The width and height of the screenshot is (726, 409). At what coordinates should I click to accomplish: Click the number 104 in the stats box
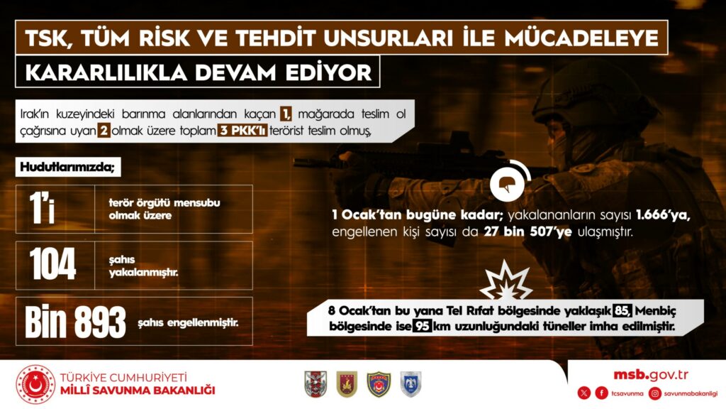tap(52, 264)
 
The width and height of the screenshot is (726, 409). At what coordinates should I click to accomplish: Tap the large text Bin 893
tap(75, 322)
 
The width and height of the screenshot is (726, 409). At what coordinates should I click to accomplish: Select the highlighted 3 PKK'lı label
tap(242, 131)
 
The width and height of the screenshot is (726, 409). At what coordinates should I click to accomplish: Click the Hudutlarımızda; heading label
tap(67, 167)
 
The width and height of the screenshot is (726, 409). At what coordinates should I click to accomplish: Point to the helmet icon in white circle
tap(507, 184)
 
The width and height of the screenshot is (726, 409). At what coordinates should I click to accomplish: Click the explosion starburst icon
tap(506, 281)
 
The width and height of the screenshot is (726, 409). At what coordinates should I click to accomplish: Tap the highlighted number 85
tap(622, 310)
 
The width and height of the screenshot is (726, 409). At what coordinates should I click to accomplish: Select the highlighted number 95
tap(422, 326)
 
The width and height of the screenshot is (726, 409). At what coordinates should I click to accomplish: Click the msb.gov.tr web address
tap(651, 375)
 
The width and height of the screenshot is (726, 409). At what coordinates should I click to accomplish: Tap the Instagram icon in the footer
tap(654, 393)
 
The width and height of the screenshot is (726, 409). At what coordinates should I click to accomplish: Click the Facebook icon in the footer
tap(601, 393)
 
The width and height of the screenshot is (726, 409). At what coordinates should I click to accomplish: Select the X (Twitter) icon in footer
tap(584, 393)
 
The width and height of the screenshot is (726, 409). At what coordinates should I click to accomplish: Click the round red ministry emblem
tap(35, 384)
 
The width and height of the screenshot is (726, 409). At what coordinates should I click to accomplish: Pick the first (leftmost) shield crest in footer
tap(315, 384)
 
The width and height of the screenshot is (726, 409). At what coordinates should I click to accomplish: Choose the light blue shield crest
tap(411, 384)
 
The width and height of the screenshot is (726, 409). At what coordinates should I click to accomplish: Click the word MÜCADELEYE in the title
tap(581, 38)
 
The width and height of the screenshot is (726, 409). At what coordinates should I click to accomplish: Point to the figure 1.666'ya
tap(663, 215)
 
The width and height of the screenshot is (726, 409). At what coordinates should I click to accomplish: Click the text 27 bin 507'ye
tap(527, 231)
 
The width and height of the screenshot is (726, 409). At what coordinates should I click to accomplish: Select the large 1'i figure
tap(42, 208)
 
